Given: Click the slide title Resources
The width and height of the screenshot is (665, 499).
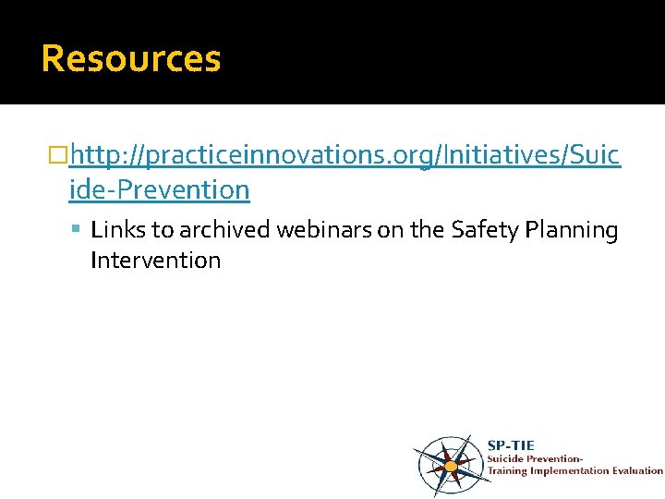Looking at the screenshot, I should [131, 58].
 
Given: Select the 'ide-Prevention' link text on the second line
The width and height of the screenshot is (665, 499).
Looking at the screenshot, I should [159, 190].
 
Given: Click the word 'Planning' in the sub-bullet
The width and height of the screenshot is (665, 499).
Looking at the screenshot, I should [573, 230].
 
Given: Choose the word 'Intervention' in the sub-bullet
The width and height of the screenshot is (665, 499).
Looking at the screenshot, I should [155, 261].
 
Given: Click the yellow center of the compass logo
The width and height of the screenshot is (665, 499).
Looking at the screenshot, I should [451, 466].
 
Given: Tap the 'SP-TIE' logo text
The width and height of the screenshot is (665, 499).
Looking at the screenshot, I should [511, 444].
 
